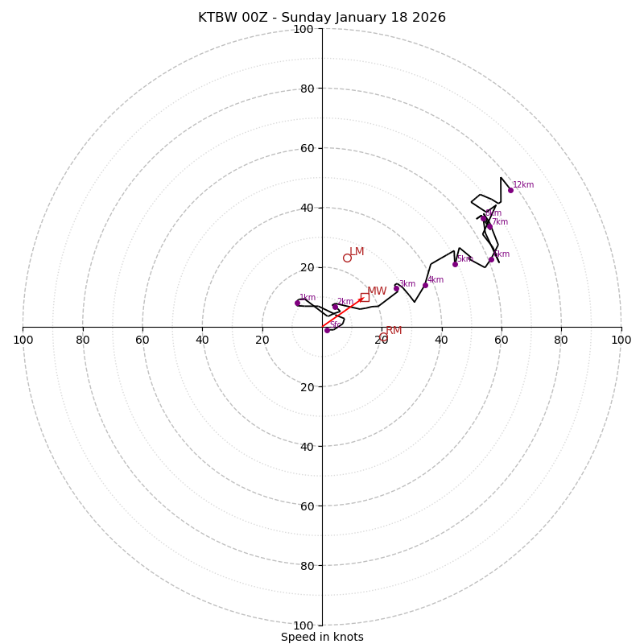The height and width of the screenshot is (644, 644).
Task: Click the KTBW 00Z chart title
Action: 322,18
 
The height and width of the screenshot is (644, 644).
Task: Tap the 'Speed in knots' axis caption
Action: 322,637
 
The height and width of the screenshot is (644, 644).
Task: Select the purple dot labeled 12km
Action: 510,190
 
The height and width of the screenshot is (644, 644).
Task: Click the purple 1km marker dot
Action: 297,303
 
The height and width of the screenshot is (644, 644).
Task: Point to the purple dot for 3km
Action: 396,288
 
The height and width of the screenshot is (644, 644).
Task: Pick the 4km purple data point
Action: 425,285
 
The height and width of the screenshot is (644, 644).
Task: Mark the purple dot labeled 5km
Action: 455,264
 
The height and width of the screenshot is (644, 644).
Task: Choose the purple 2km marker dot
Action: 335,307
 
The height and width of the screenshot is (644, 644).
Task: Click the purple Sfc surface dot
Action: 327,330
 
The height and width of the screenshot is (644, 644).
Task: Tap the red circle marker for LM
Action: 347,258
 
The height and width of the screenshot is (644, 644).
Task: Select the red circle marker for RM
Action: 383,337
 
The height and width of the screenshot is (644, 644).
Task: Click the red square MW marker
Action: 365,297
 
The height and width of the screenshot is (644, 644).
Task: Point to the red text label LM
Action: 357,252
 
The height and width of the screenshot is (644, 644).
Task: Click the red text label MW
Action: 377,291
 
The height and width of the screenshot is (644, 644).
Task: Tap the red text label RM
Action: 394,331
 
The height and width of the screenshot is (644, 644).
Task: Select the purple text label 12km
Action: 523,185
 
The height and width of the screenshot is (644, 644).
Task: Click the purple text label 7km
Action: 500,222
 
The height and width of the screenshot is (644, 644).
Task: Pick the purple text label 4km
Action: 436,280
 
